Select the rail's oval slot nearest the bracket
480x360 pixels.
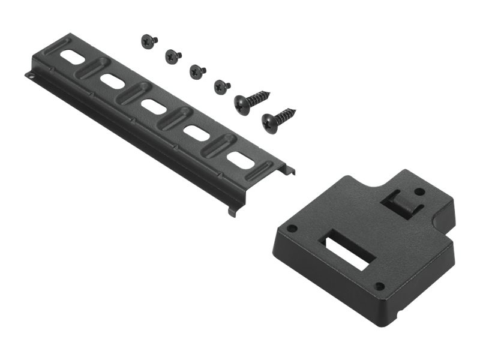pyautogui.click(x=240, y=158)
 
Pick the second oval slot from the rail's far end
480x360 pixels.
pyautogui.click(x=112, y=80)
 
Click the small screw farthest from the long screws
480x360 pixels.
pyautogui.click(x=148, y=41)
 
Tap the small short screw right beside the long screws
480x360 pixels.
pyautogui.click(x=221, y=86)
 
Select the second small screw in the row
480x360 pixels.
pyautogui.click(x=173, y=56)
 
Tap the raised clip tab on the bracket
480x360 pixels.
pyautogui.click(x=401, y=202)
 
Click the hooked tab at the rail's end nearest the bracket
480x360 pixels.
pyautogui.click(x=289, y=170)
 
